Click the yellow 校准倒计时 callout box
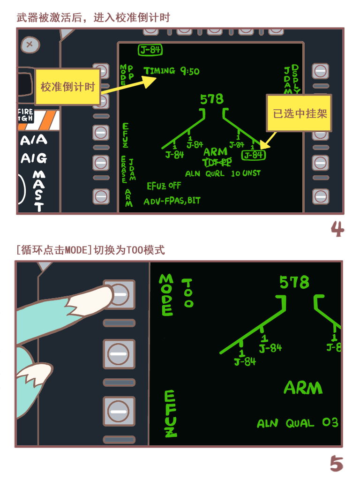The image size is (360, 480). click(67, 87)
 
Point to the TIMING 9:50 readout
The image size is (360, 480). click(172, 71)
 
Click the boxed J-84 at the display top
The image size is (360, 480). click(150, 50)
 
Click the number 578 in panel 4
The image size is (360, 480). click(212, 99)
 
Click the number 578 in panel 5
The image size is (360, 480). click(294, 282)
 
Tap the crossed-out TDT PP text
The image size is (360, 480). click(217, 163)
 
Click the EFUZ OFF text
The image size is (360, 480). click(164, 186)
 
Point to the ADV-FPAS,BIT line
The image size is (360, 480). click(172, 201)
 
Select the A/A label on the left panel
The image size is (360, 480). click(34, 140)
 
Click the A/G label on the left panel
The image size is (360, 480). click(34, 158)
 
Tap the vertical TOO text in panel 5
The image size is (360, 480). click(187, 293)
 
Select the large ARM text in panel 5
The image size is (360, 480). click(303, 388)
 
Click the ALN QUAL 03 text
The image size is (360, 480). click(298, 423)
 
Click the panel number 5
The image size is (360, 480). click(337, 464)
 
